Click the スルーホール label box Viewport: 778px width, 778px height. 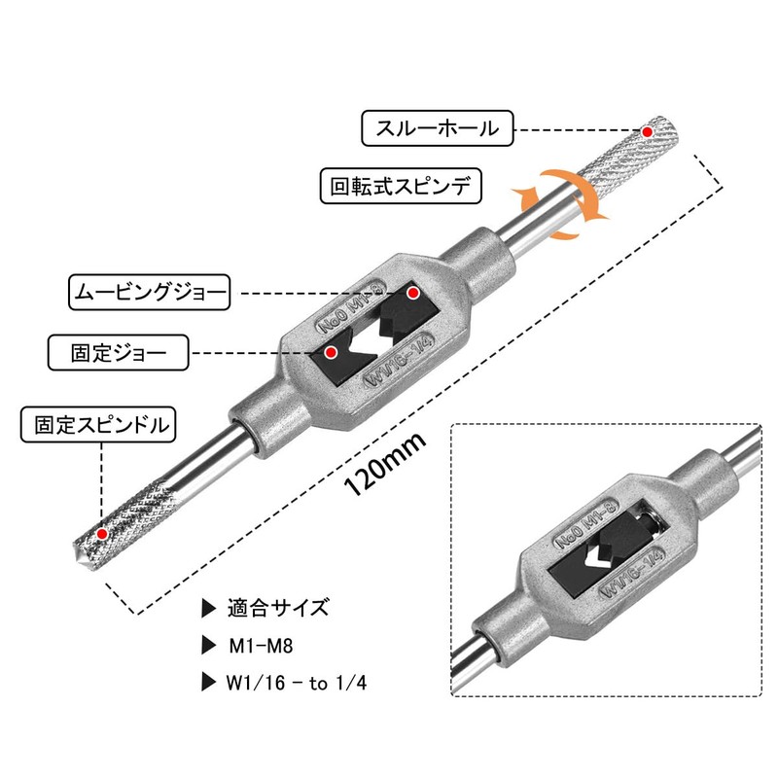[x=437, y=128]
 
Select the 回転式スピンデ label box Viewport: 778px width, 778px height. [x=401, y=186]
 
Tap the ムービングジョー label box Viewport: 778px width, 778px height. [x=150, y=293]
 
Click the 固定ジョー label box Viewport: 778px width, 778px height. [x=118, y=353]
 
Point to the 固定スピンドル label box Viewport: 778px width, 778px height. [x=98, y=425]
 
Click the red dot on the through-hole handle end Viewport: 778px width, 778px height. [x=647, y=132]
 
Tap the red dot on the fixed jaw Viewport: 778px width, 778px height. [x=331, y=353]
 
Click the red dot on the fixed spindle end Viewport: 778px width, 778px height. [x=102, y=534]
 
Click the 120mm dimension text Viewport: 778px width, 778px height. [x=385, y=465]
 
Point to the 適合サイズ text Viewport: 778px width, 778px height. [x=278, y=608]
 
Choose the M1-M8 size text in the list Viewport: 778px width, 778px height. [x=261, y=646]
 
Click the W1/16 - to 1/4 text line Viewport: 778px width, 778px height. [x=297, y=683]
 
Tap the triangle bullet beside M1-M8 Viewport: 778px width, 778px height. [x=208, y=646]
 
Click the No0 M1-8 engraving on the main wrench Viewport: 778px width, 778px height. [x=351, y=307]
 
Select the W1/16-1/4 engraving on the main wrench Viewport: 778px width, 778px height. [x=400, y=360]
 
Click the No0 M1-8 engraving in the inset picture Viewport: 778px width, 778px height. [x=585, y=524]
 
